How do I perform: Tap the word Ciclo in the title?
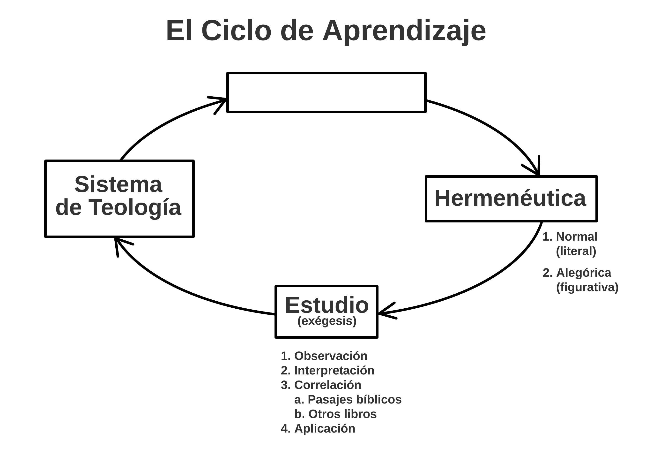coord(236,30)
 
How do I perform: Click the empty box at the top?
coord(326,92)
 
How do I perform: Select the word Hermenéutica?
coord(510,198)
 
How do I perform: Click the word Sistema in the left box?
coord(118,184)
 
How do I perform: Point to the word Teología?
coord(134,207)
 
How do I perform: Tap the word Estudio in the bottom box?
coord(327,305)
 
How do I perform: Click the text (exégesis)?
coord(327,321)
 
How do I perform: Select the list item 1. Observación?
coord(324,356)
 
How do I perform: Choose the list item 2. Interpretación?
coord(327,371)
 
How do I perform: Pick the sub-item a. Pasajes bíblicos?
coord(348,400)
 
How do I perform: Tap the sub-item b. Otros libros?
coord(335,414)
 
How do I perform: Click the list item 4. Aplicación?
coord(318,429)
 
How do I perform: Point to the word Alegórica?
coord(583,273)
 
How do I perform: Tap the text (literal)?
coord(576,251)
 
